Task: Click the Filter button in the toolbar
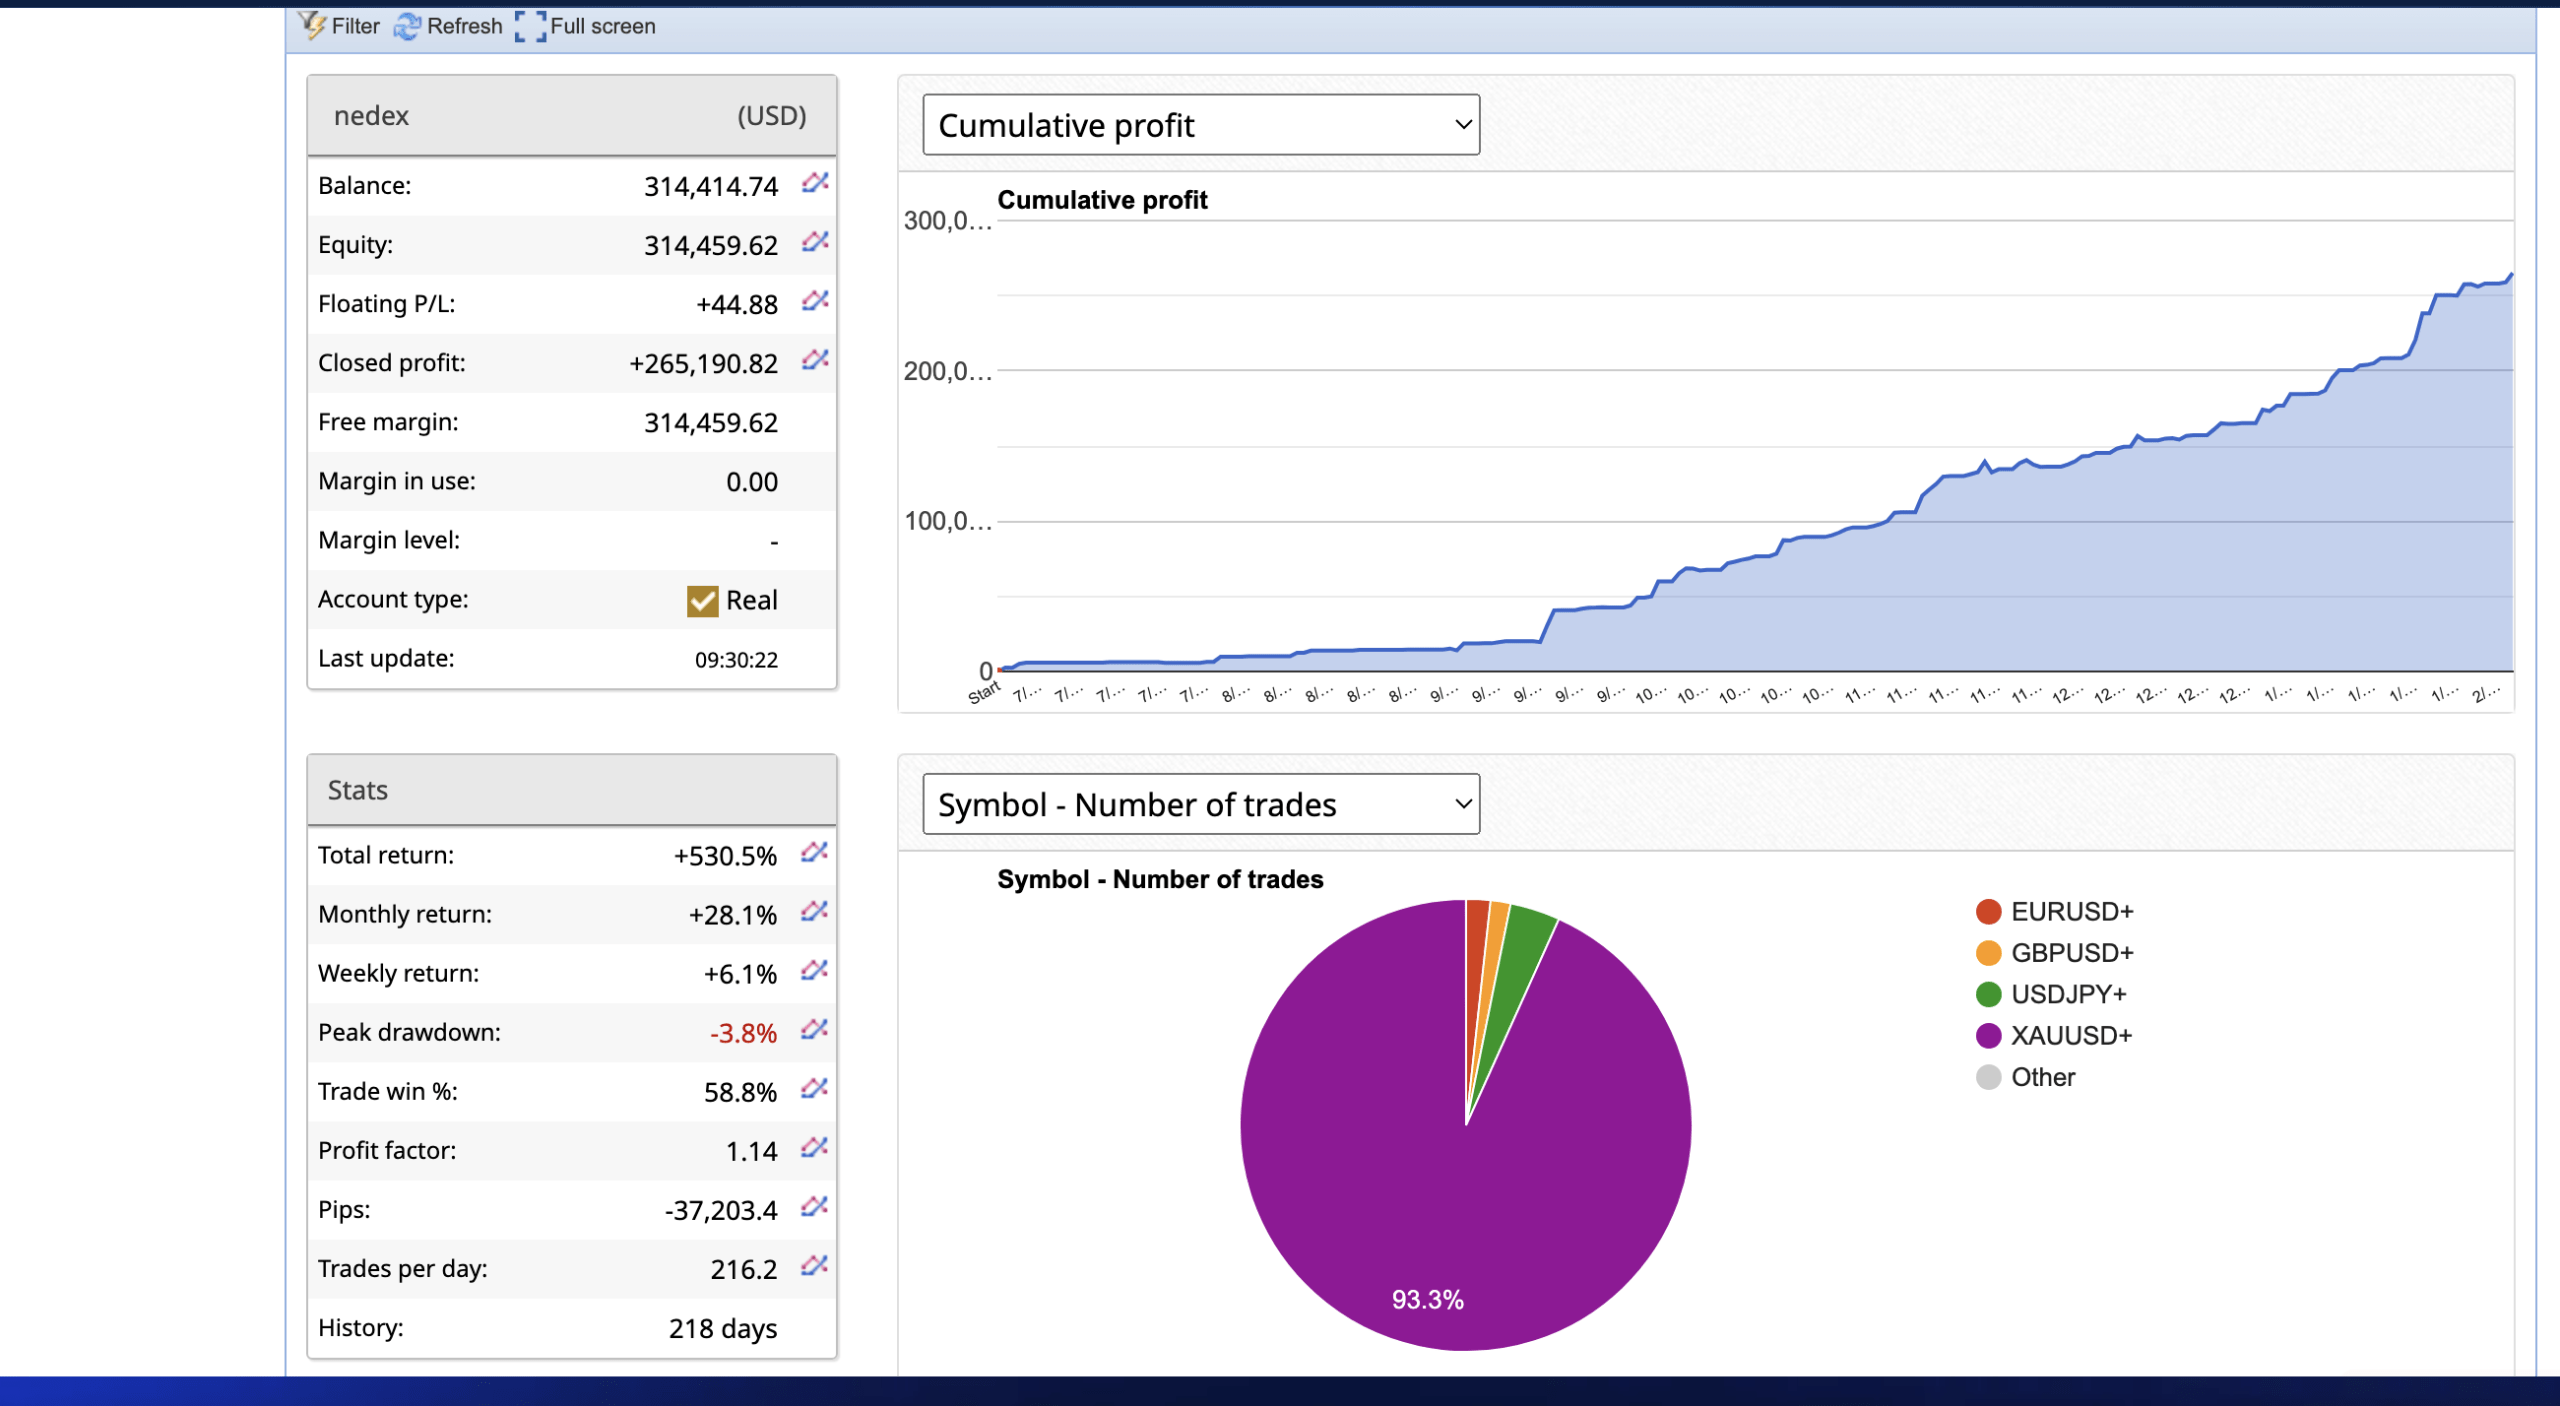point(340,26)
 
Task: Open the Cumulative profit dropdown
point(1200,125)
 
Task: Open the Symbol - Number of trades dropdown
point(1200,804)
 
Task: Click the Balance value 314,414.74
point(710,186)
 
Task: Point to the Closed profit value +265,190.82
point(703,363)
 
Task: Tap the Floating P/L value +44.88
point(736,304)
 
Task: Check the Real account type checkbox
point(702,600)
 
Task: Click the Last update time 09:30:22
point(736,659)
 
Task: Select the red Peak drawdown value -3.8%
point(743,1033)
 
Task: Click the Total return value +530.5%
point(725,856)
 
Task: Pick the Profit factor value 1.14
point(751,1151)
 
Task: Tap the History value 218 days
point(722,1328)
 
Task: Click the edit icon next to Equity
point(815,242)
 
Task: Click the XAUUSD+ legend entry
point(2054,1036)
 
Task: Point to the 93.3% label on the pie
point(1427,1299)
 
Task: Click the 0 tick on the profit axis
point(985,670)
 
